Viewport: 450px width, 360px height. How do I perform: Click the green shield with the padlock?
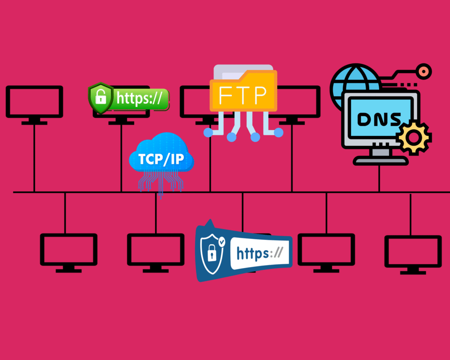(x=101, y=98)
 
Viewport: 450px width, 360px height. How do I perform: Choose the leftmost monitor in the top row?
(x=34, y=102)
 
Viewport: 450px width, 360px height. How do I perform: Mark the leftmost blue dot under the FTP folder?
(x=208, y=132)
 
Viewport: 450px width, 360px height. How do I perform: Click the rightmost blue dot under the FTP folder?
(x=278, y=132)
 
